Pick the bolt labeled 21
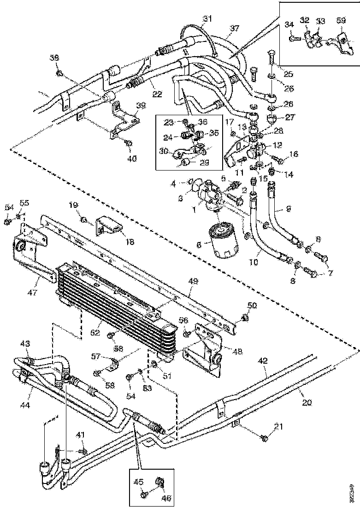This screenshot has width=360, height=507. coord(265,439)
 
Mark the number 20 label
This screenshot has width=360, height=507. coord(307,402)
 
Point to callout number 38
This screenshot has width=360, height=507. coord(54,58)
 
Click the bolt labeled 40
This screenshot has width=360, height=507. coord(130,144)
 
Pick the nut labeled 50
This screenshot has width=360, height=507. coord(245,318)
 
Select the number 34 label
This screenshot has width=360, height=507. coord(289,24)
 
